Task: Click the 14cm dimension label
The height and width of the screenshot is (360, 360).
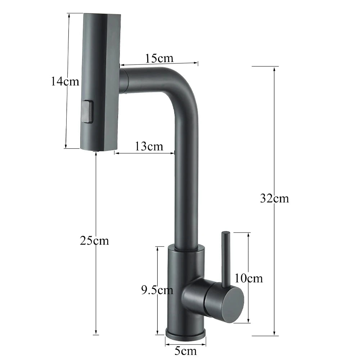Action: (x=65, y=82)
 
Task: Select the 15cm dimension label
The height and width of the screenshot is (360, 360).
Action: (x=159, y=58)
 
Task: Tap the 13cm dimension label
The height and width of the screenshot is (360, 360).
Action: (x=149, y=147)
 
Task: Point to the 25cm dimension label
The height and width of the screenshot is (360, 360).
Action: (x=94, y=240)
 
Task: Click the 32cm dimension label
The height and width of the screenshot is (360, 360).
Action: (x=274, y=198)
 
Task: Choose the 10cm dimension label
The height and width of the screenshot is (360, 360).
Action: (x=248, y=278)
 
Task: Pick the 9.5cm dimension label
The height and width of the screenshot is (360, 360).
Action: (x=157, y=290)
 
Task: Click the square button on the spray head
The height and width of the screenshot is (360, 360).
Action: (x=87, y=112)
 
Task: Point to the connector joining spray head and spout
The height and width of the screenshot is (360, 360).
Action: (x=124, y=81)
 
